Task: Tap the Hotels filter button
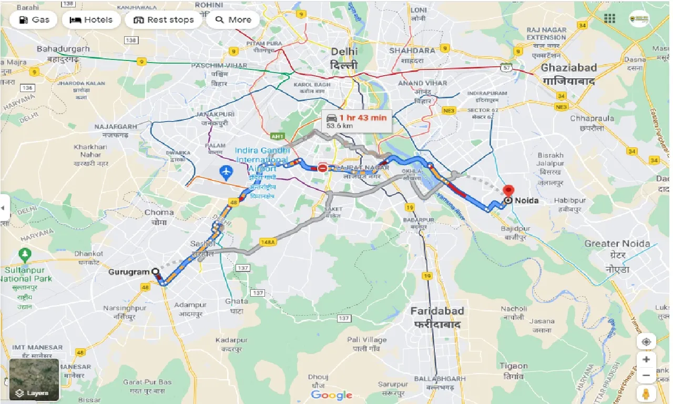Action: coord(91,20)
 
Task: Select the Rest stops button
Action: coord(164,20)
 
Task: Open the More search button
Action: coord(233,20)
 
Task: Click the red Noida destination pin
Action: coord(508,191)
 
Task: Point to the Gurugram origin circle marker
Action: coord(155,272)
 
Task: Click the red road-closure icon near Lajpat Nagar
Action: coord(322,168)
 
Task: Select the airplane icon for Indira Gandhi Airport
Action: coord(227,171)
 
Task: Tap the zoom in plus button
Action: coord(646,359)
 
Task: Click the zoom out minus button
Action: coord(646,376)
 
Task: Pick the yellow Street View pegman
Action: coord(646,393)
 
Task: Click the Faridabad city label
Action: coord(435,311)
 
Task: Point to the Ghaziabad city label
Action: coord(569,67)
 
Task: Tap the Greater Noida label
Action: coord(617,244)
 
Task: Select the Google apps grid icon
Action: coord(609,19)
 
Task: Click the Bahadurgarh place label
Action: coord(63,49)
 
